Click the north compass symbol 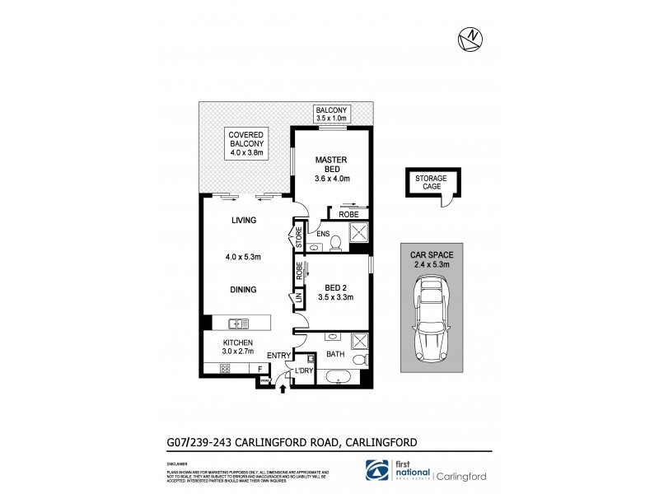pos(470,37)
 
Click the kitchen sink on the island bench pos(239,324)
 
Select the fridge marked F pos(261,369)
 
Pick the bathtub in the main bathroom pos(338,378)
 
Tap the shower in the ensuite pos(360,235)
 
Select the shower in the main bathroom pos(360,341)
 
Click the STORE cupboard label pos(299,238)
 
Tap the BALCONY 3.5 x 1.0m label pos(334,114)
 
